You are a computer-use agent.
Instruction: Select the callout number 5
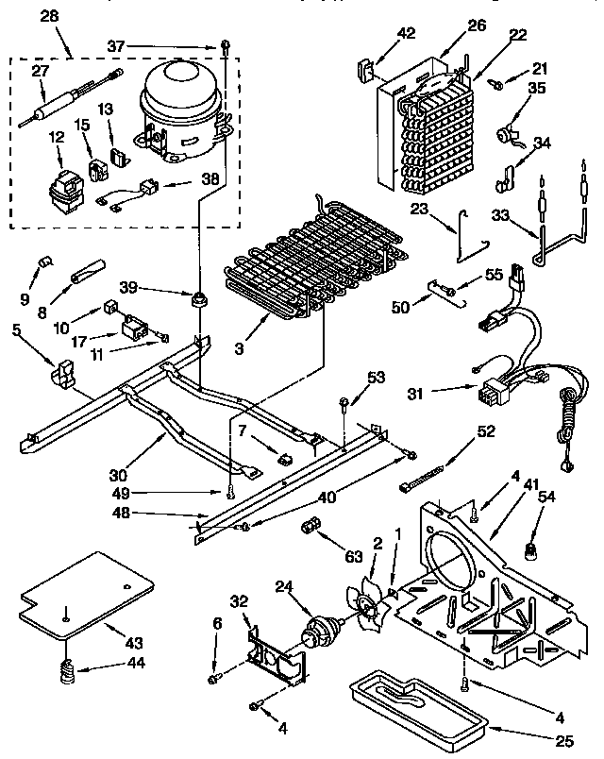click(17, 330)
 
